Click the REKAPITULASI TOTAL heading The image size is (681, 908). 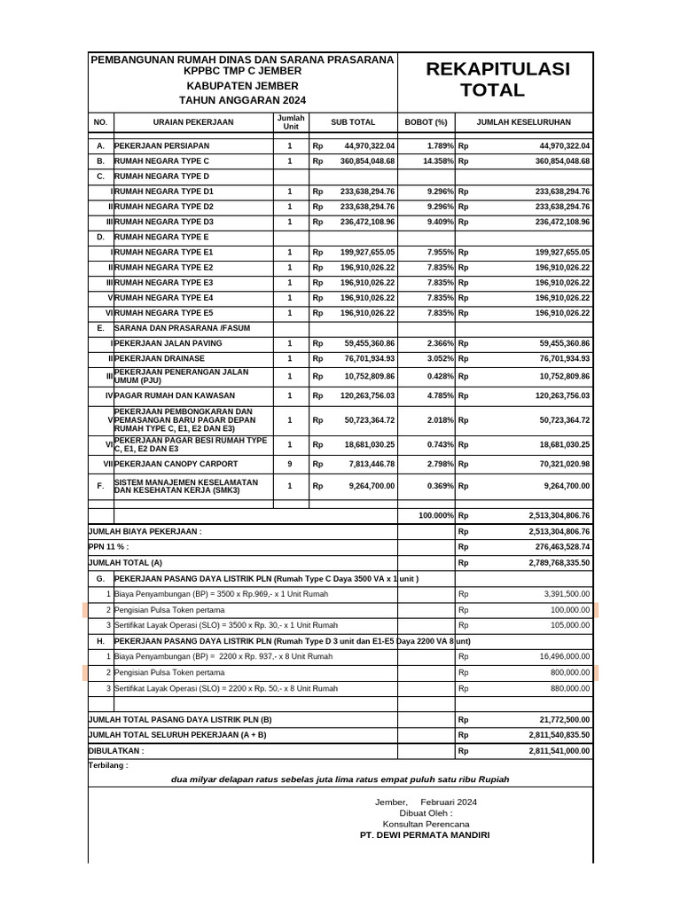point(497,80)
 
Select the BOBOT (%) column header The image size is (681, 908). point(426,122)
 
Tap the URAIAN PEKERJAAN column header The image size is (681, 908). point(193,122)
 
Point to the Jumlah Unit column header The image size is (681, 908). point(290,122)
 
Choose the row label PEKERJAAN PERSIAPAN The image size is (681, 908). point(162,145)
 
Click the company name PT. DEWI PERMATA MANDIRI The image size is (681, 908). point(424,835)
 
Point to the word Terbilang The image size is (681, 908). point(107,764)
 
